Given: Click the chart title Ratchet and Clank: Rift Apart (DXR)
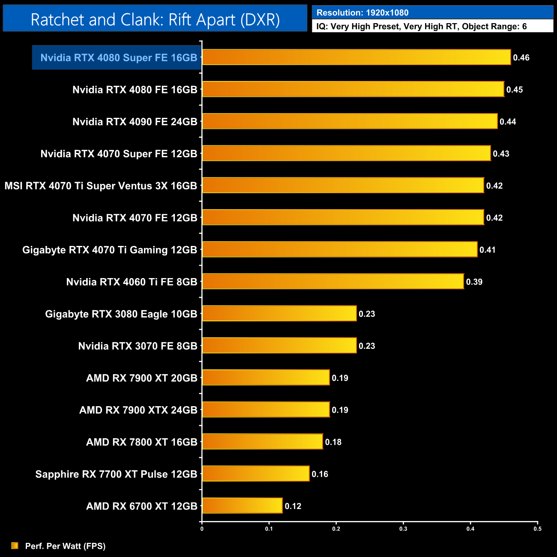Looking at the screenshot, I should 155,20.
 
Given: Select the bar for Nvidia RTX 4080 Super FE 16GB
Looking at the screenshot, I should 356,57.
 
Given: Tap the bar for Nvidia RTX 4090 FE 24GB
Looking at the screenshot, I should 350,121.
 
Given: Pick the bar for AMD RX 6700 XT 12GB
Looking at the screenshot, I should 242,506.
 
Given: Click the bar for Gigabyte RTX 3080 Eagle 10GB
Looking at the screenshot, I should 279,314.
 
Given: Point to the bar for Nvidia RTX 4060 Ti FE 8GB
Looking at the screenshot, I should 333,281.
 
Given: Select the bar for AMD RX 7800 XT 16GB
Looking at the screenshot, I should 262,442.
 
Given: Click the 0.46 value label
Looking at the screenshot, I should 521,58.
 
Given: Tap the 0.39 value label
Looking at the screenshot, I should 474,282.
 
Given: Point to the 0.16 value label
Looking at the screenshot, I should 320,474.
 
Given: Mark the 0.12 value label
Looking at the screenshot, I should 293,506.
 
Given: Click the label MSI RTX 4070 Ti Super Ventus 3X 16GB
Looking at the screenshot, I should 101,186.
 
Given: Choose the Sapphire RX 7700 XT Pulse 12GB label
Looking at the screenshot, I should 116,474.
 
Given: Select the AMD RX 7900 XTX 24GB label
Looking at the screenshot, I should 138,410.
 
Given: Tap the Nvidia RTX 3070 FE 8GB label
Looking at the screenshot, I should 138,346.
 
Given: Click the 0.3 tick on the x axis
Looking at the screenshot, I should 403,529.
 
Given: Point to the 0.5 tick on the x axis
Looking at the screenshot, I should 537,529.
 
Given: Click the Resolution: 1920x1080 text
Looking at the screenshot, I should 362,13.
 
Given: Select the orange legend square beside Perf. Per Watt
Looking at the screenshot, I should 15,545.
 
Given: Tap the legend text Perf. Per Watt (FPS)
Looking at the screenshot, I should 65,546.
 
